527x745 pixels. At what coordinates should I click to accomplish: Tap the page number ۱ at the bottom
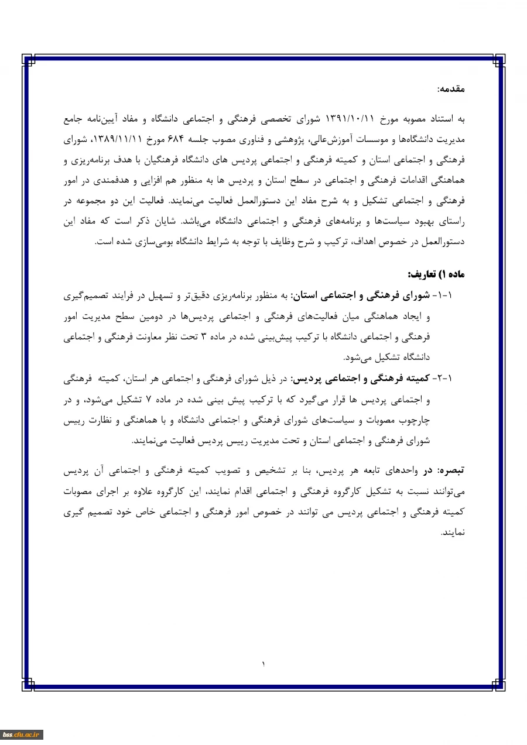[x=263, y=663]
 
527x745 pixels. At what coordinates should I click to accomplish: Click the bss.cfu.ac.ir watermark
[x=21, y=734]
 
